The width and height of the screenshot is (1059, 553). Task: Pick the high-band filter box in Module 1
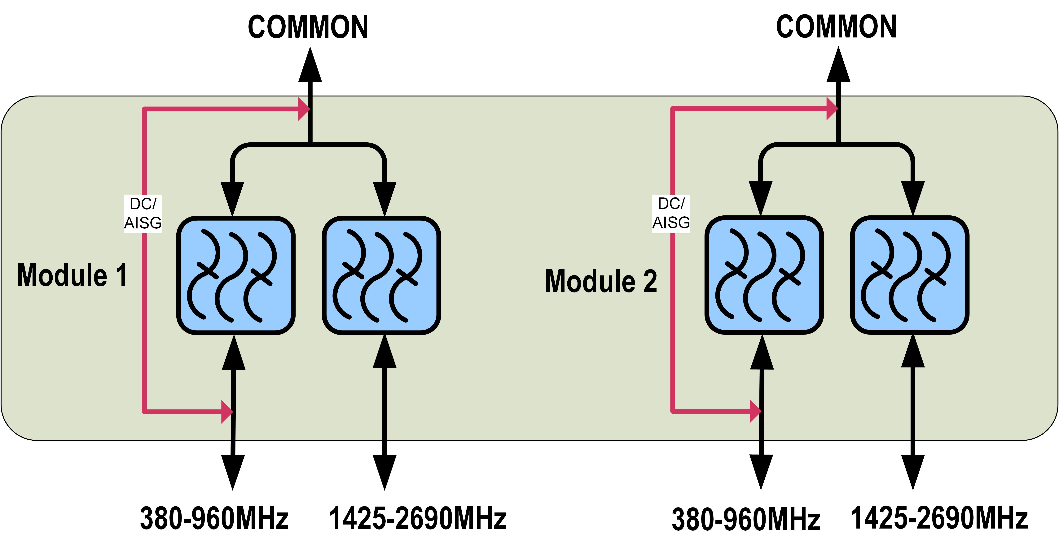tap(381, 275)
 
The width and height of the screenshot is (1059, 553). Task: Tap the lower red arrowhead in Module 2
tap(755, 411)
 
